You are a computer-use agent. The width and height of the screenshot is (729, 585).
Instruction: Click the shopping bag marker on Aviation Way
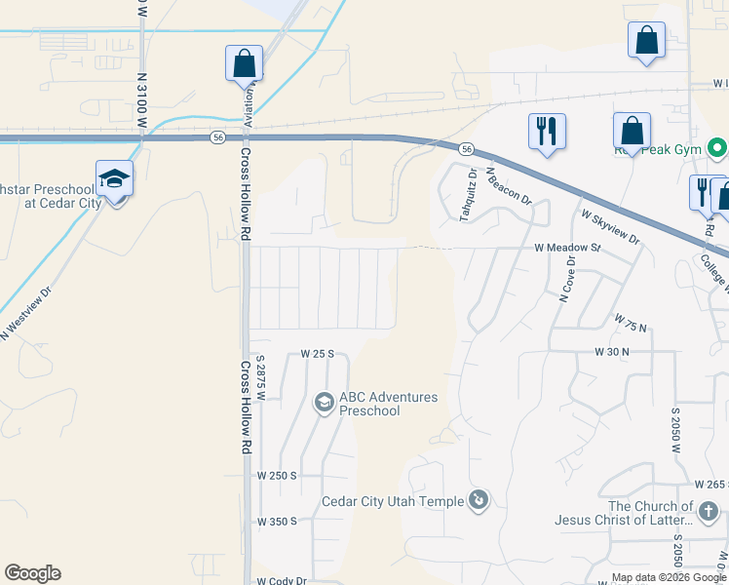244,64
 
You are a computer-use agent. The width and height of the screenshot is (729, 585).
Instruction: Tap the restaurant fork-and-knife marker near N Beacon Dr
547,131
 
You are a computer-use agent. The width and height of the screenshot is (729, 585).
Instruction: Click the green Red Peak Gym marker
718,149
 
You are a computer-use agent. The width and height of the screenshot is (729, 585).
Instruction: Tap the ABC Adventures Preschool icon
324,402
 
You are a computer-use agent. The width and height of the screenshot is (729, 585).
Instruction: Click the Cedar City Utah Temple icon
479,501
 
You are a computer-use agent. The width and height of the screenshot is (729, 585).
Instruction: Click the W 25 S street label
318,353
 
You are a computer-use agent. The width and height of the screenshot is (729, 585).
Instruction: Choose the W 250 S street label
276,475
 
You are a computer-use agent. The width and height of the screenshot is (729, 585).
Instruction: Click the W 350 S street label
276,522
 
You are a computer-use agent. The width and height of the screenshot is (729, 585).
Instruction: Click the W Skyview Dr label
609,226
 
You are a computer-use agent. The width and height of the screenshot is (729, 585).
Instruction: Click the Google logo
32,573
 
